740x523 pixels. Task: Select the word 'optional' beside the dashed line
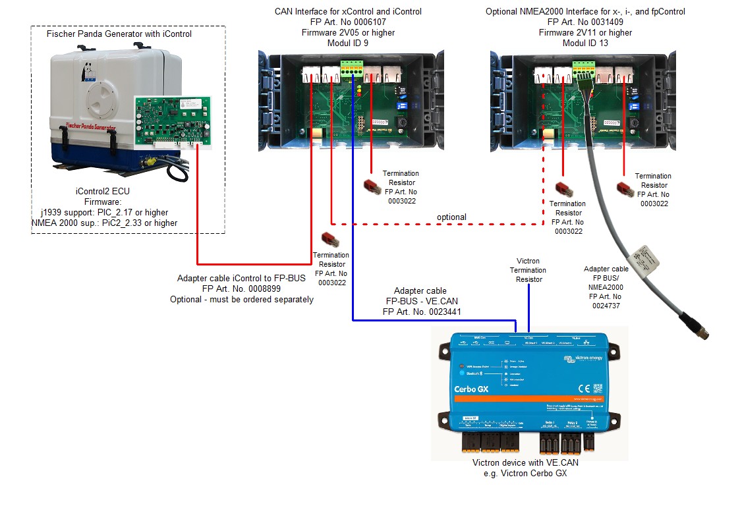click(x=451, y=217)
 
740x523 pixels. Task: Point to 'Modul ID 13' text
click(x=584, y=43)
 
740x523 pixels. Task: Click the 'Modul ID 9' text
click(x=348, y=43)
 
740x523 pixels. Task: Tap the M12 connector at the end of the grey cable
click(x=705, y=334)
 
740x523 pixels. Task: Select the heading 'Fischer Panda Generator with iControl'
click(x=119, y=34)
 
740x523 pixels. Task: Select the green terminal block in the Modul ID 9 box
click(x=352, y=67)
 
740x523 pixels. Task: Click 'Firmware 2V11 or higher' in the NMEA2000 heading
click(x=584, y=32)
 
